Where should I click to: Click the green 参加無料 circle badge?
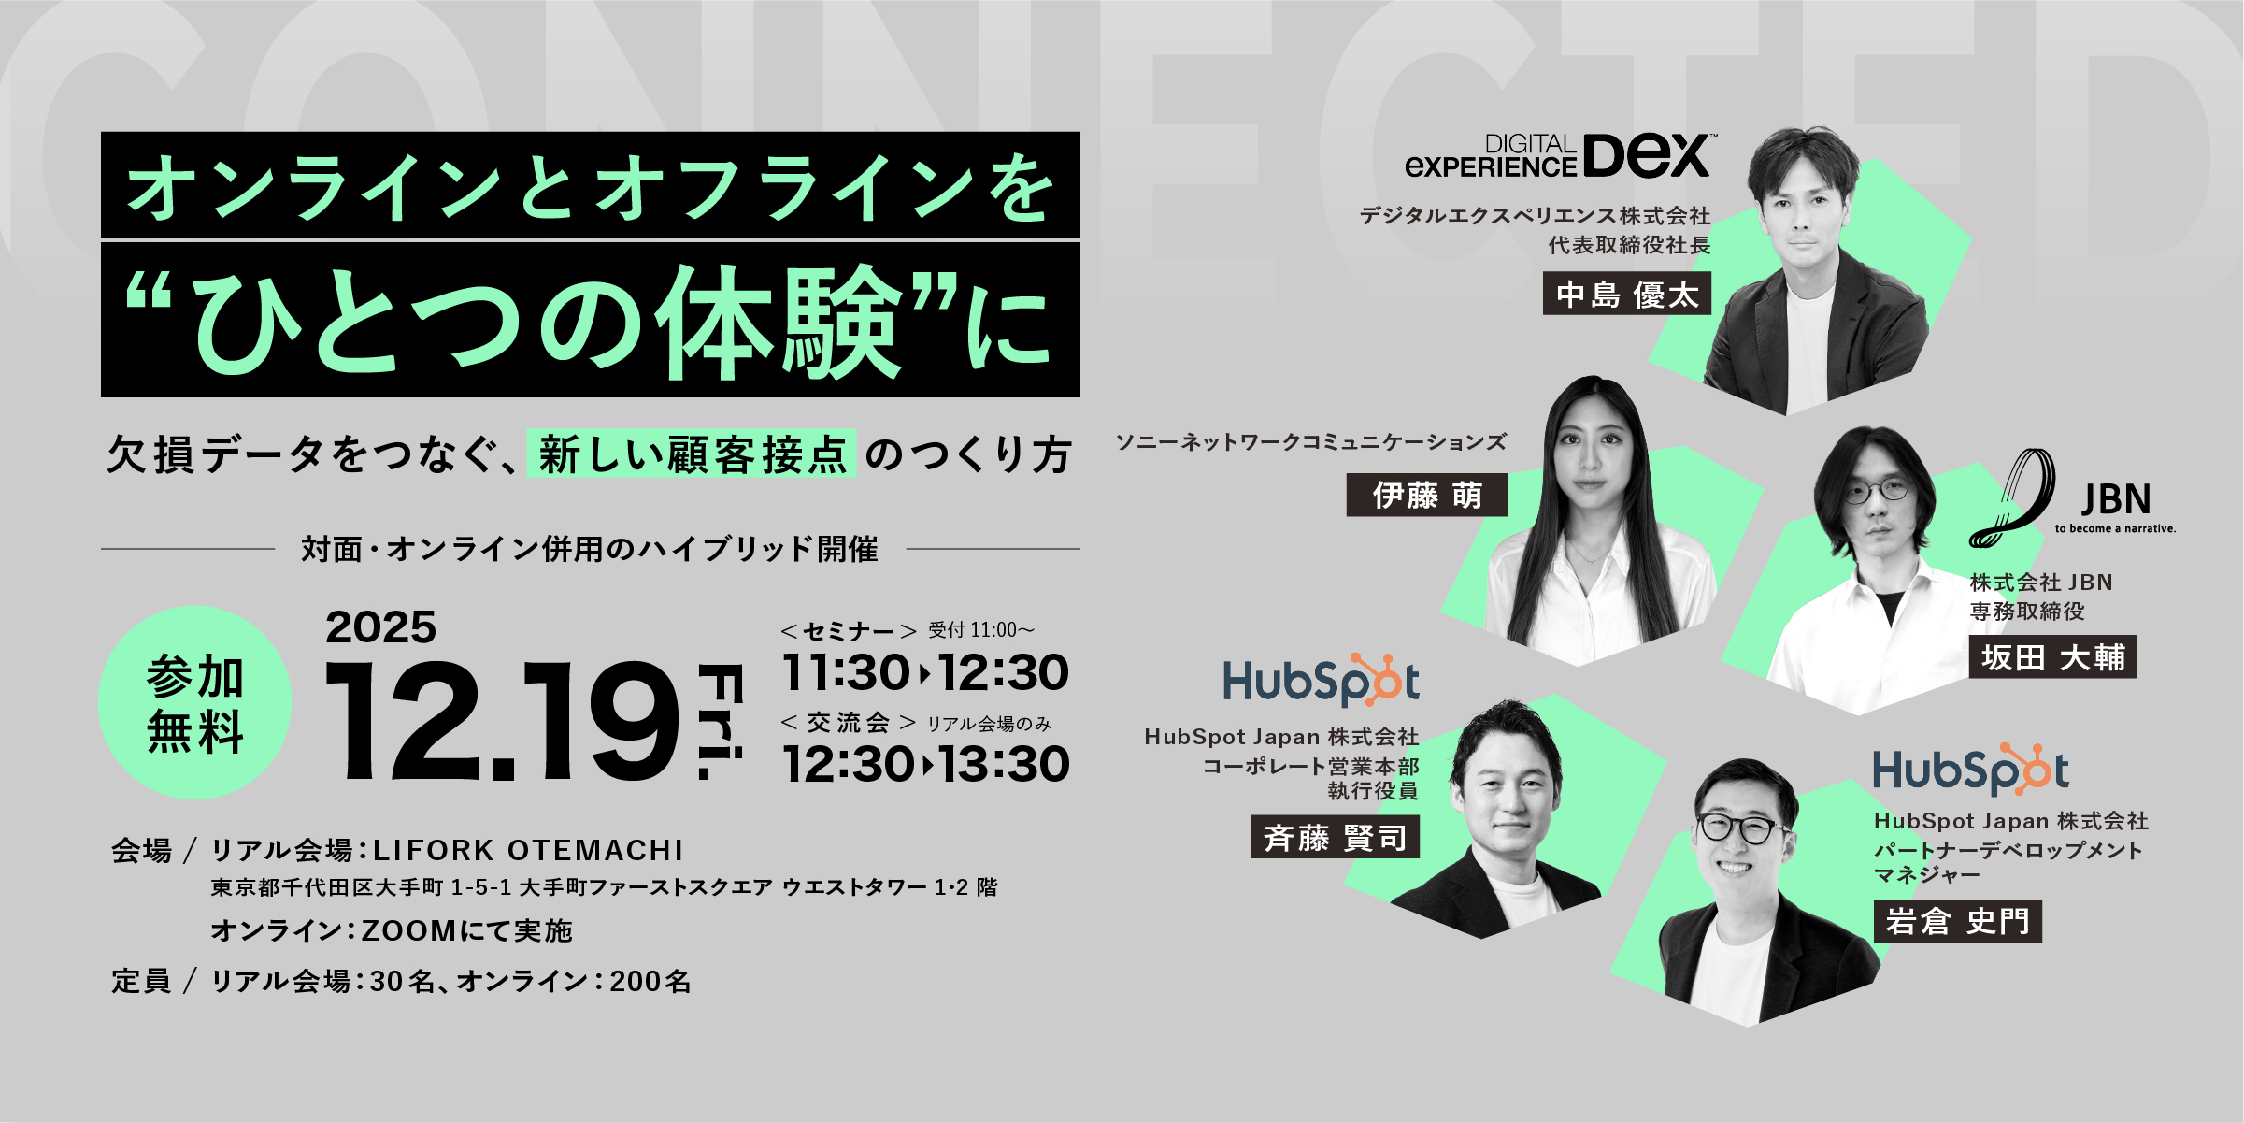point(194,702)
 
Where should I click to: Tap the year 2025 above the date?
point(380,627)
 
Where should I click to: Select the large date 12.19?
point(501,721)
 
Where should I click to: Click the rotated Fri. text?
point(722,721)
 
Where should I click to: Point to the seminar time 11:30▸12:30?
point(925,672)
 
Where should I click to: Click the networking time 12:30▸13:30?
point(926,764)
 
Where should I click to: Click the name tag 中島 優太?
point(1626,294)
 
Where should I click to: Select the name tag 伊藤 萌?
point(1427,495)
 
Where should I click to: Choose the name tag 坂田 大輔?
point(2052,656)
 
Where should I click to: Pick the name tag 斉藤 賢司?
point(1336,837)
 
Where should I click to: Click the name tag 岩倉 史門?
point(1957,921)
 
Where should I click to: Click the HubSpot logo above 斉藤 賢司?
point(1321,680)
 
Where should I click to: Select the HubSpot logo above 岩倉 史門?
point(1970,770)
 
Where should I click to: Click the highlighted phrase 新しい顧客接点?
point(692,454)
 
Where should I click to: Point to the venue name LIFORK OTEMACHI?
point(528,850)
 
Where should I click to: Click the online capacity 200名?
point(650,981)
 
